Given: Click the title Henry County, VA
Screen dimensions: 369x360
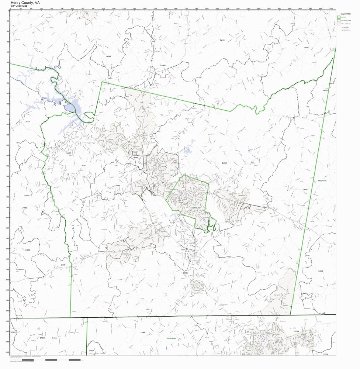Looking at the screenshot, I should [x=25, y=2].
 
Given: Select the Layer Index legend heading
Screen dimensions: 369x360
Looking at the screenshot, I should [x=346, y=13].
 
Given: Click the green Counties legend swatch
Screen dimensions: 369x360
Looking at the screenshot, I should [x=339, y=17].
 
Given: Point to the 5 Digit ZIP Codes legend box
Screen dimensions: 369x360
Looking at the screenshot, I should [x=339, y=20].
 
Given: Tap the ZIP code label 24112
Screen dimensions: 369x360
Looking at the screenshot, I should [x=224, y=163].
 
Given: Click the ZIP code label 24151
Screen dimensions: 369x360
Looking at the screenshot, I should [x=222, y=39].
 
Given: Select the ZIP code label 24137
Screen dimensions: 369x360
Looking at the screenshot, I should [x=306, y=48].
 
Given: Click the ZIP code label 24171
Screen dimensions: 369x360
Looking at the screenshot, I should [x=28, y=121].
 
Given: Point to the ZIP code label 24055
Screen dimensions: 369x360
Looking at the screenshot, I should [x=69, y=153].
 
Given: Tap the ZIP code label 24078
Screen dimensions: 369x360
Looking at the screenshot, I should [x=164, y=166].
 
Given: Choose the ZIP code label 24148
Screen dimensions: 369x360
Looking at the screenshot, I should [x=185, y=273].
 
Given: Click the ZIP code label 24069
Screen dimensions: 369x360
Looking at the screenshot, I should [x=321, y=271].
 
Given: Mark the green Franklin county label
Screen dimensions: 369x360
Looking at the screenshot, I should [x=163, y=65].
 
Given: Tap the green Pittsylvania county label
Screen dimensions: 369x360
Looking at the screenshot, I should [x=322, y=180].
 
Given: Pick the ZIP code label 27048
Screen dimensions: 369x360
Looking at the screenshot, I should [x=143, y=332].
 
